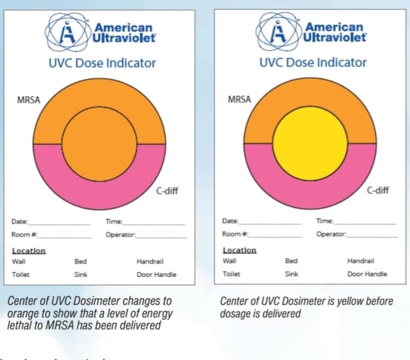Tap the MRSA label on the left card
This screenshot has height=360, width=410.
click(29, 100)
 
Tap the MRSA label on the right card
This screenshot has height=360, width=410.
click(239, 100)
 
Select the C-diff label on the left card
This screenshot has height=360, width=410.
click(167, 191)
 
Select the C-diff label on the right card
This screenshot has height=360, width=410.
click(378, 191)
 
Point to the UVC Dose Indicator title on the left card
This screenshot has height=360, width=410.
click(102, 63)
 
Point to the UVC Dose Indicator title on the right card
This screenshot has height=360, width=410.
click(313, 62)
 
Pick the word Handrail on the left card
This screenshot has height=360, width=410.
click(149, 261)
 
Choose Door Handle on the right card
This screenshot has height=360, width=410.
click(367, 274)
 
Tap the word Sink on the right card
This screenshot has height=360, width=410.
click(292, 274)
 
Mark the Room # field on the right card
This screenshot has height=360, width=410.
click(232, 234)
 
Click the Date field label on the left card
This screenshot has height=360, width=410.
click(20, 222)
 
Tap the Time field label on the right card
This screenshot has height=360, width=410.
click(325, 221)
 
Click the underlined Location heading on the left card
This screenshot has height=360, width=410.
click(29, 251)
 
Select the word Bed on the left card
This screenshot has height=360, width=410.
click(81, 261)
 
